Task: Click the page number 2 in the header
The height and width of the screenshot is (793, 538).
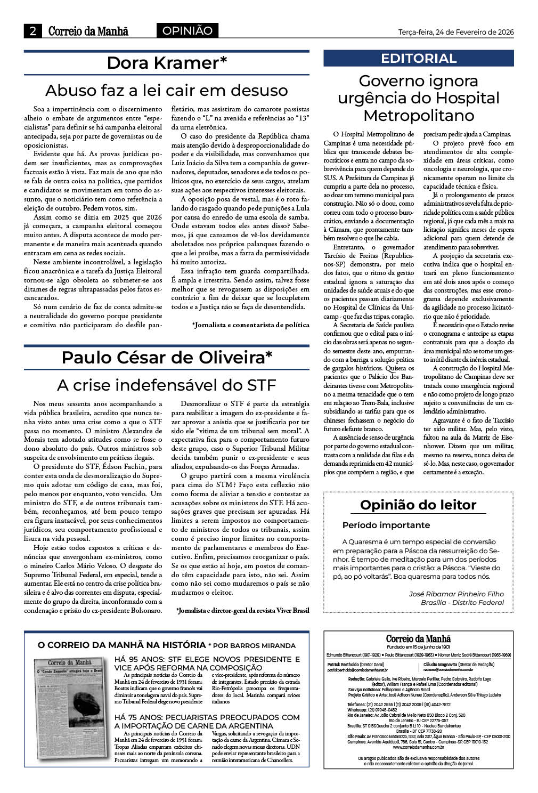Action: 33,31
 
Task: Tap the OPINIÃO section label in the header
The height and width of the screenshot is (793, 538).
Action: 187,31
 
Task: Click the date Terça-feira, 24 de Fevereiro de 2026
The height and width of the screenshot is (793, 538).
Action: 456,32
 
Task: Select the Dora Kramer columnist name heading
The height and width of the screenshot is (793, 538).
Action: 167,63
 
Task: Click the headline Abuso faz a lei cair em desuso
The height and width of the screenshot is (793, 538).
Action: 167,90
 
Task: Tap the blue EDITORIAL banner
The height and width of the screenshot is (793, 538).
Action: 419,58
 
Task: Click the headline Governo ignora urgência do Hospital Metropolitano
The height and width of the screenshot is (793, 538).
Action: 419,98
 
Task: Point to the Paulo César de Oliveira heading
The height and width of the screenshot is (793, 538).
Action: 167,357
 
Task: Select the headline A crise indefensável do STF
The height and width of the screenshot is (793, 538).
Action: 167,385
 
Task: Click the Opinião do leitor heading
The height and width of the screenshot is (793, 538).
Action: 418,505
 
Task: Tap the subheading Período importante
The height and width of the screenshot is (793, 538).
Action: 386,525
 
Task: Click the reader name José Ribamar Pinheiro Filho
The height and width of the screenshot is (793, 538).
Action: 456,594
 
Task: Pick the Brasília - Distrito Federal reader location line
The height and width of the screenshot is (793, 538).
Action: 462,602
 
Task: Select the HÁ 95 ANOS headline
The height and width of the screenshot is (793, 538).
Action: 207,663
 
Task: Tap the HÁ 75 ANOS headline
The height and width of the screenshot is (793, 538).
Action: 207,722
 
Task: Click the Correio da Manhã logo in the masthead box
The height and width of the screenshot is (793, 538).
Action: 418,639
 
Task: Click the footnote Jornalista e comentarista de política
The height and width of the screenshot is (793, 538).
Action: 250,325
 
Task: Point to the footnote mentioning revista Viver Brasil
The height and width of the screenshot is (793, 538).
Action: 242,611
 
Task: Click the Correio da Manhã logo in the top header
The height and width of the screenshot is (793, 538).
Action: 88,31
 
